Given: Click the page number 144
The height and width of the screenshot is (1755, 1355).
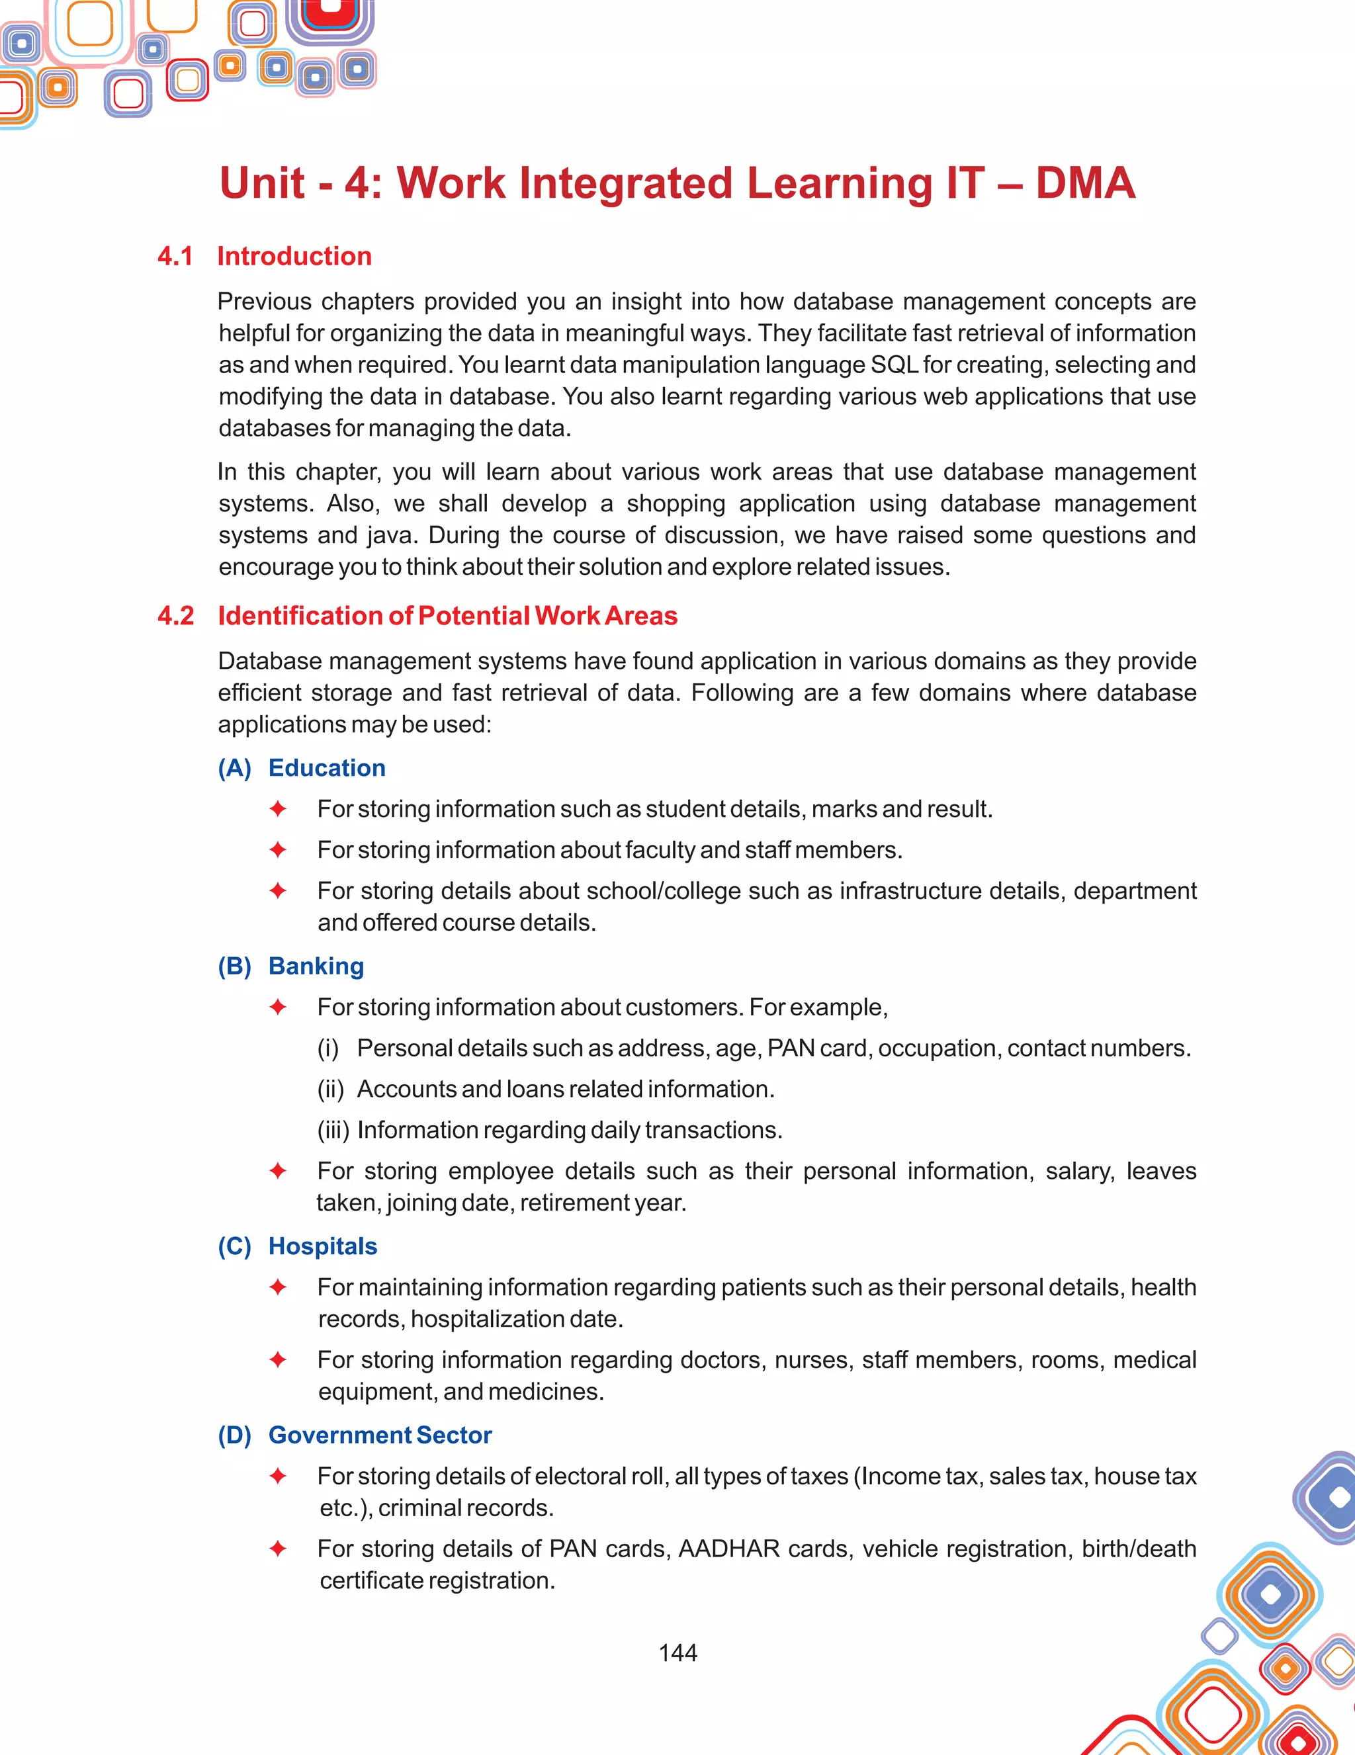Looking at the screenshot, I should pos(677,1652).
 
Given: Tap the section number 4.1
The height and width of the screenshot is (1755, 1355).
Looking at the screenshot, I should pos(175,257).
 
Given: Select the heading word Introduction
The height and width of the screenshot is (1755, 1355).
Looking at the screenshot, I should pos(294,257).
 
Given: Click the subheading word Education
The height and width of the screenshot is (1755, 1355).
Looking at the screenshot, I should pos(326,768).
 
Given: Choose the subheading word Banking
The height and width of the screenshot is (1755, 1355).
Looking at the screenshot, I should pos(316,966).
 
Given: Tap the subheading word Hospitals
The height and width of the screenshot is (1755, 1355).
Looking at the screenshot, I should pos(322,1246).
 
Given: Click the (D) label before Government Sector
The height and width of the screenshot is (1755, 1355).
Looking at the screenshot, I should pos(234,1435).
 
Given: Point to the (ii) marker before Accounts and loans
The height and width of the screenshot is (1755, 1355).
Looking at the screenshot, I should pos(330,1090).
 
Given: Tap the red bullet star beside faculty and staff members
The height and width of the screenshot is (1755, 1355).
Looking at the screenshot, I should pos(278,849).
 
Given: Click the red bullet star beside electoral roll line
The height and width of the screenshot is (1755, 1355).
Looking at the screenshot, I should pos(278,1476).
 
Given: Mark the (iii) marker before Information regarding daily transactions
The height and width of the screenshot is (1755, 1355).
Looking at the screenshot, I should pos(333,1131).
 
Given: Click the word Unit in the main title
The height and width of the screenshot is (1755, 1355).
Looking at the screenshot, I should pos(262,183).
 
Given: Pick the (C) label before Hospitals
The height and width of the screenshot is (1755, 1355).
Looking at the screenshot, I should pos(234,1246).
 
